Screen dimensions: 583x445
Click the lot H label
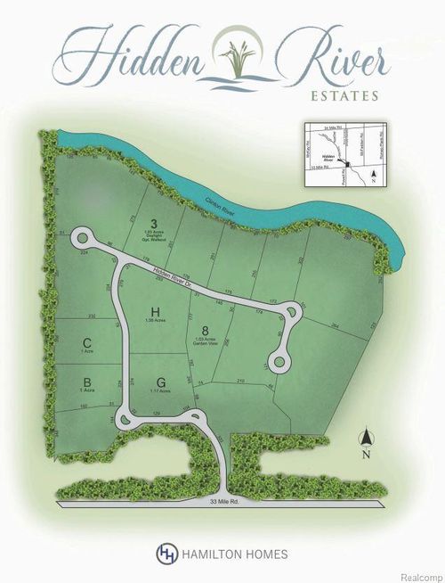(x=155, y=312)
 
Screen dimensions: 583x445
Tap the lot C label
(x=86, y=342)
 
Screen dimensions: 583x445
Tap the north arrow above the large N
(x=365, y=437)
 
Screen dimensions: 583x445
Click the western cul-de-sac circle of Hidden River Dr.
(x=84, y=239)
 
